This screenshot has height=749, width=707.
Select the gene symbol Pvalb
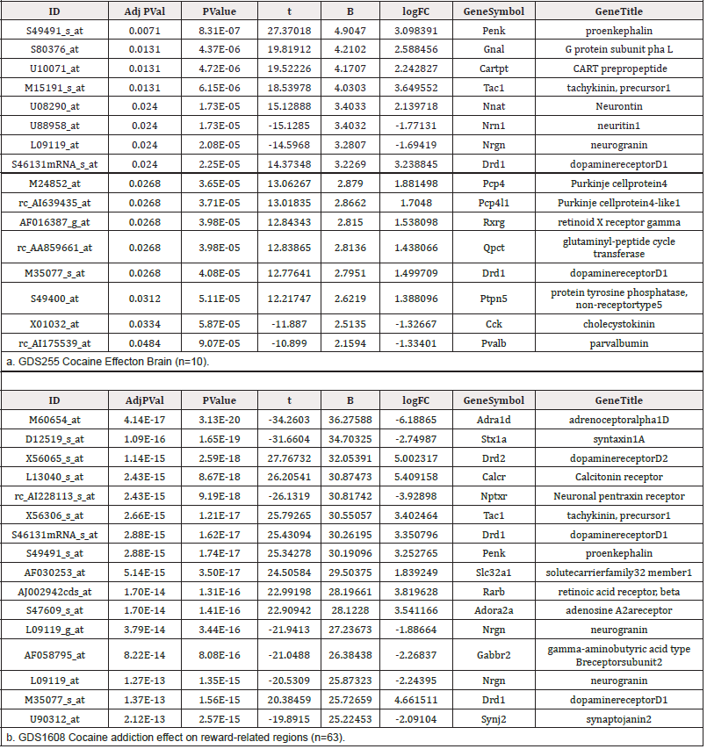pos(480,342)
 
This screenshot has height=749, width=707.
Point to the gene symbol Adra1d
pos(480,419)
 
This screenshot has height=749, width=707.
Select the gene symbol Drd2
pos(480,457)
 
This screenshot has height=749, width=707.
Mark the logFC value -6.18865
pos(420,419)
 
